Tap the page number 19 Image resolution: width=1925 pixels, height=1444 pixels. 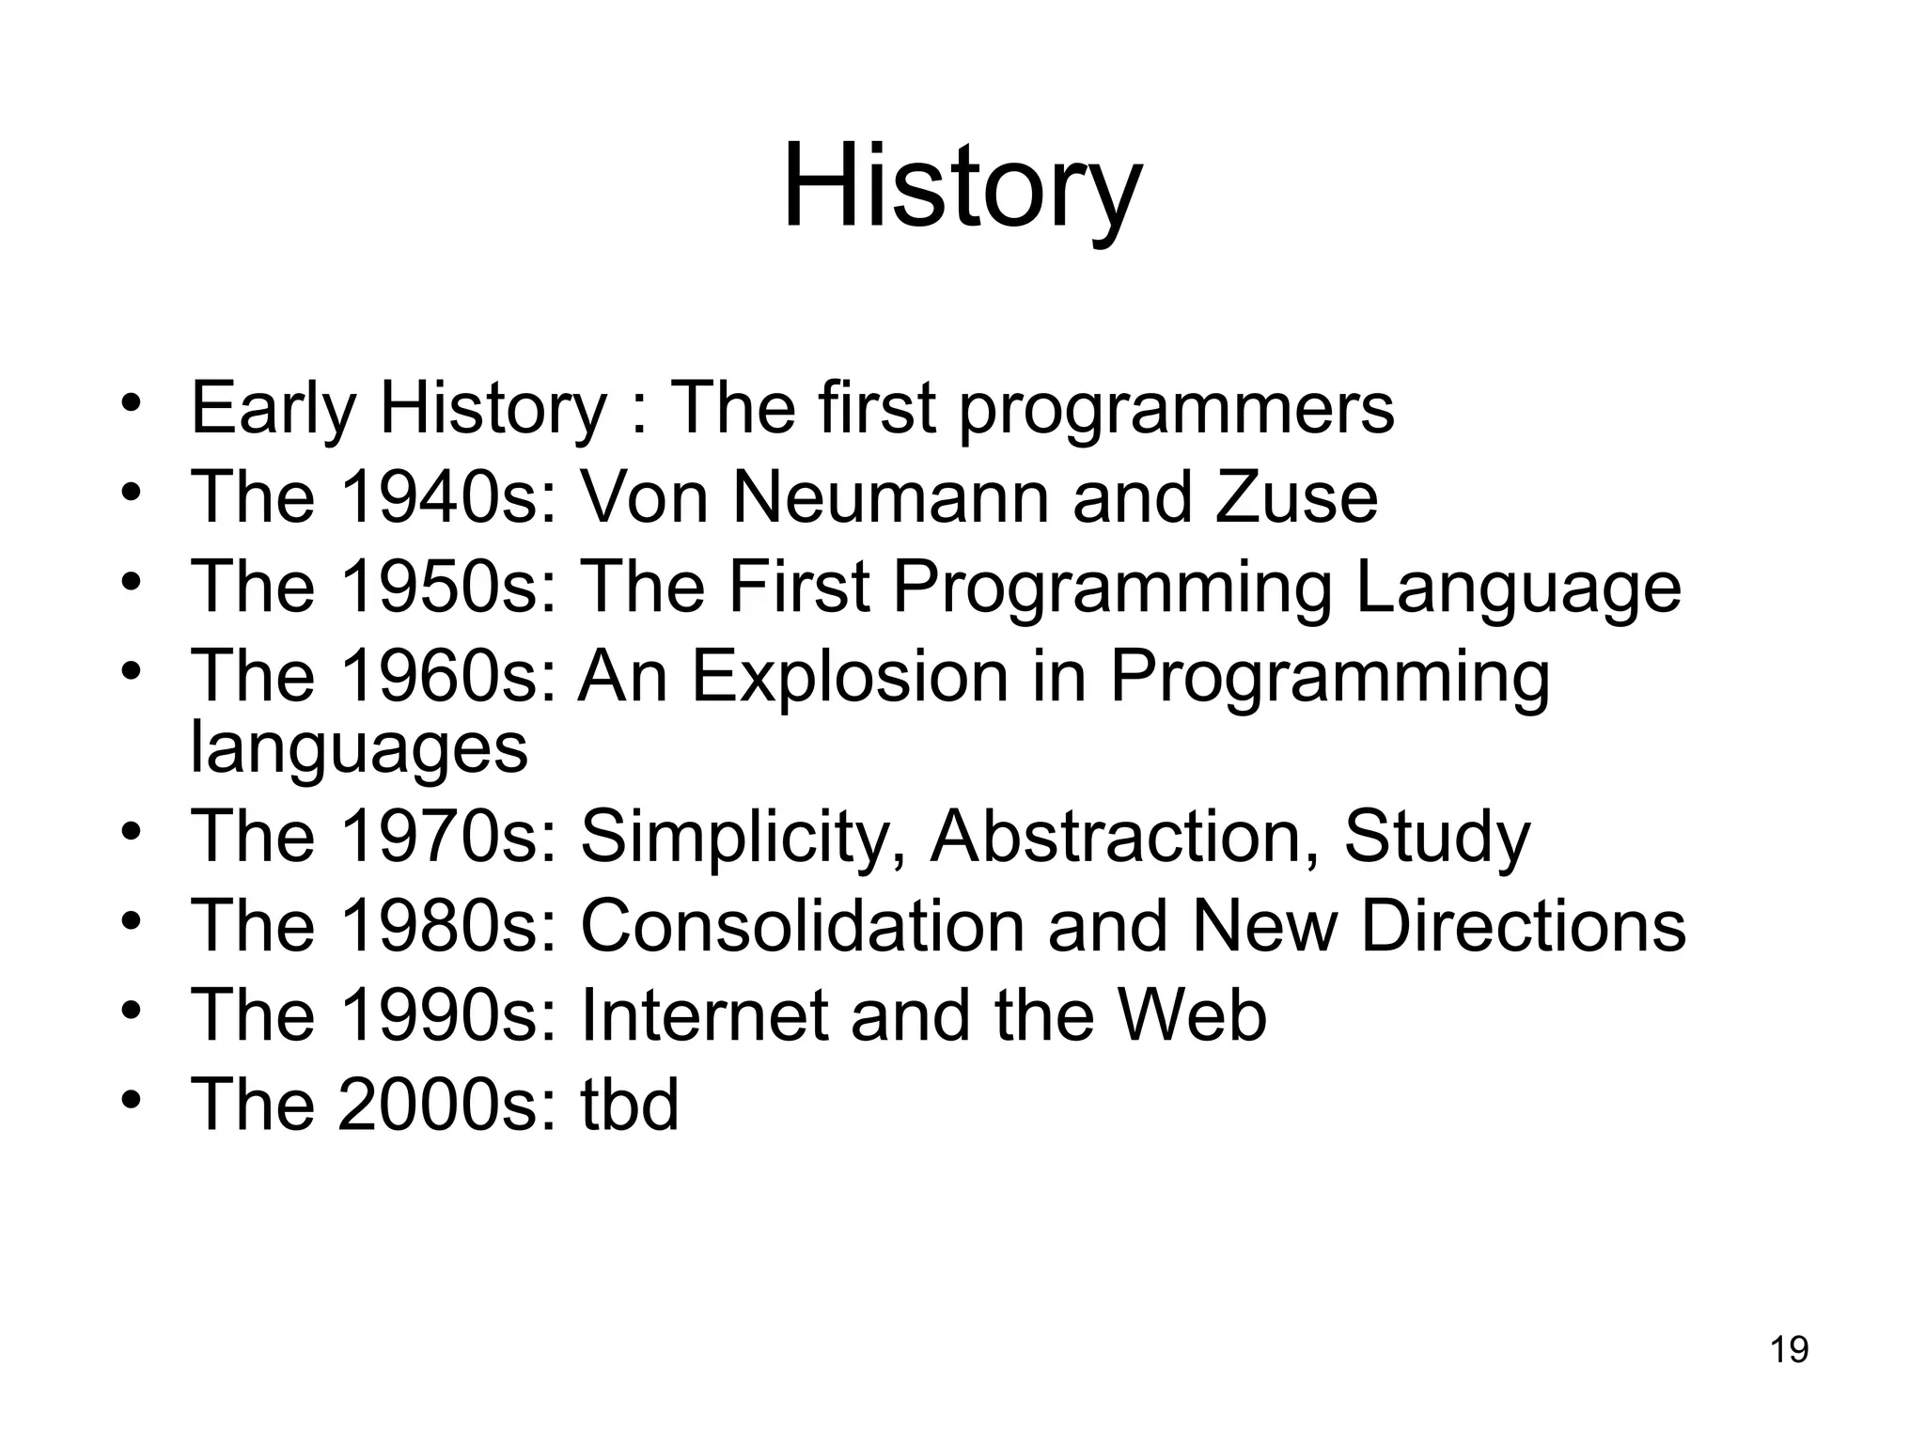click(x=1789, y=1349)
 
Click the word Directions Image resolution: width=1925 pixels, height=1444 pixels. click(x=1523, y=925)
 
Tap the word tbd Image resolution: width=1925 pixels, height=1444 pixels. click(x=629, y=1104)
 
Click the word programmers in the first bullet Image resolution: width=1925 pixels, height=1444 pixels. click(x=1176, y=410)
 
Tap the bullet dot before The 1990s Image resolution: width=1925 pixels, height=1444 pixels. click(x=132, y=1010)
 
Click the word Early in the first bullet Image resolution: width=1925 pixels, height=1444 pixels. click(x=273, y=410)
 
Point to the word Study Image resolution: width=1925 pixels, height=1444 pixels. click(x=1436, y=836)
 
